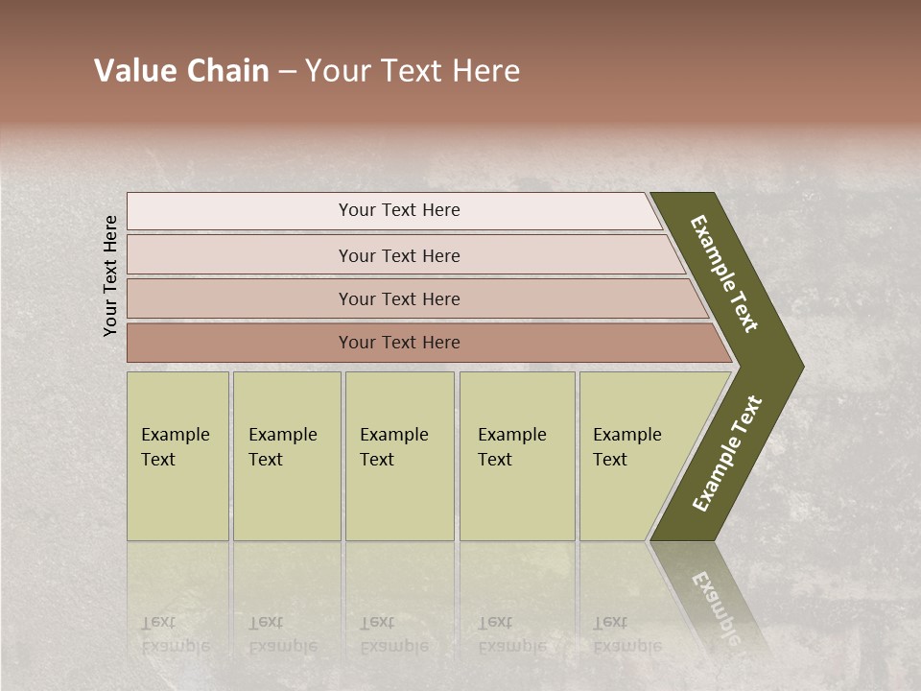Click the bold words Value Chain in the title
181,71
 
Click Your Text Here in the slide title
413,71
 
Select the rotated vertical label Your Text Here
110,275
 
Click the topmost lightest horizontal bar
399,210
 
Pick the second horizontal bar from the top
399,255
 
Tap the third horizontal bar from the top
399,298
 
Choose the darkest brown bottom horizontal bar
399,343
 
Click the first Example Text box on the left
177,455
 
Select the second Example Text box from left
286,455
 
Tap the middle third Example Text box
399,455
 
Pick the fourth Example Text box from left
516,455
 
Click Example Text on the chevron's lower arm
727,453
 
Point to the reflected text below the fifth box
626,634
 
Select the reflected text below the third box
393,634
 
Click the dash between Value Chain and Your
287,72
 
